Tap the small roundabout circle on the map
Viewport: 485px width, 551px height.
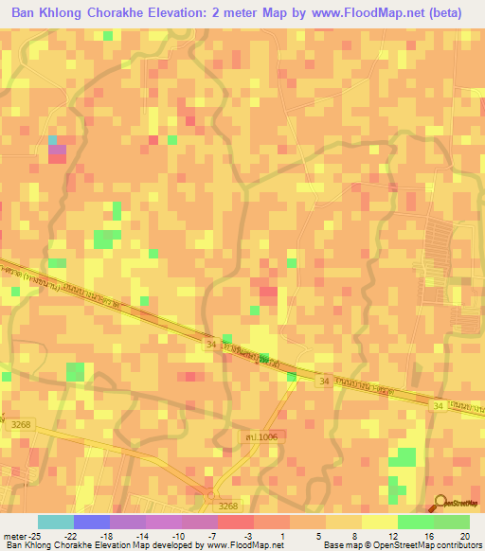pyautogui.click(x=211, y=493)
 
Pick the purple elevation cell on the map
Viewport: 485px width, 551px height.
pyautogui.click(x=58, y=150)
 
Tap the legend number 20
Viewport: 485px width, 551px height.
pyautogui.click(x=463, y=537)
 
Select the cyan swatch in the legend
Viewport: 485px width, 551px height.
pyautogui.click(x=55, y=522)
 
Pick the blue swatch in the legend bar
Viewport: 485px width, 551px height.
pyautogui.click(x=91, y=522)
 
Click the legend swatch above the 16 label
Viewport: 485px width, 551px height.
pyautogui.click(x=415, y=522)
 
